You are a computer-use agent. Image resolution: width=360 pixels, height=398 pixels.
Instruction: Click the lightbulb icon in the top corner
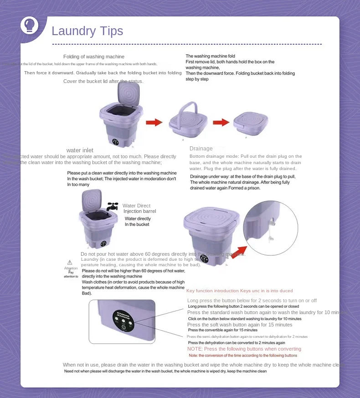pyautogui.click(x=30, y=26)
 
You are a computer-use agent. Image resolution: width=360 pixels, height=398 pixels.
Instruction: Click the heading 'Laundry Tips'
pyautogui.click(x=87, y=31)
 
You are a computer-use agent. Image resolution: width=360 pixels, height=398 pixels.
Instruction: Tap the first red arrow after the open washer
pyautogui.click(x=154, y=122)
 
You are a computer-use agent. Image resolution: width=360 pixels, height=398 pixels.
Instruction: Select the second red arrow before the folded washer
pyautogui.click(x=221, y=122)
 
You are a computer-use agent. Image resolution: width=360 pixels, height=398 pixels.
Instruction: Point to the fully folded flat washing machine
pyautogui.click(x=250, y=123)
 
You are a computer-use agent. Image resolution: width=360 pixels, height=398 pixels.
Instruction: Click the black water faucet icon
pyautogui.click(x=112, y=207)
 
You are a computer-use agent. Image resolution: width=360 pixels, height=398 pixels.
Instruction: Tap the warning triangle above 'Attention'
pyautogui.click(x=70, y=262)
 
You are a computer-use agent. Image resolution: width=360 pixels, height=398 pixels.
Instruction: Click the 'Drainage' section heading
pyautogui.click(x=201, y=149)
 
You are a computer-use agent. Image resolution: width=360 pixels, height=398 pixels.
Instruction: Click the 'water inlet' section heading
pyautogui.click(x=80, y=150)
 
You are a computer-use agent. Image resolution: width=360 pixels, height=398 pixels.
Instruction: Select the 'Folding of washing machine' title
pyautogui.click(x=93, y=57)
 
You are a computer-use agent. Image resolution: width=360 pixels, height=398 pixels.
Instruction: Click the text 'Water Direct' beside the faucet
pyautogui.click(x=136, y=206)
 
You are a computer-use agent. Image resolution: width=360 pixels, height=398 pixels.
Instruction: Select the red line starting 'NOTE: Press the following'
pyautogui.click(x=244, y=349)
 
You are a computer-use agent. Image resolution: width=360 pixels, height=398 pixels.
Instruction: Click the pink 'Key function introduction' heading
pyautogui.click(x=239, y=290)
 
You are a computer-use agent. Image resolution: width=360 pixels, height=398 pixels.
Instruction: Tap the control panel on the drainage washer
pyautogui.click(x=204, y=258)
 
